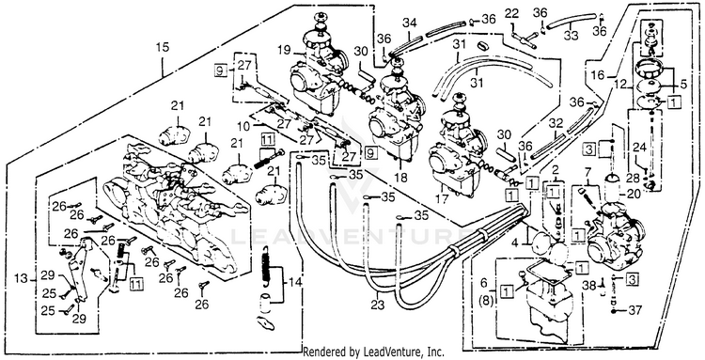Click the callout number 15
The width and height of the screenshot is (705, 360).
point(163,47)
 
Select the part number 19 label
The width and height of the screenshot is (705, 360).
point(284,51)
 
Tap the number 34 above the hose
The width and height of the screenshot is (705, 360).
point(409,22)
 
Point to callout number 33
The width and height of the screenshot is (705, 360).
point(571,35)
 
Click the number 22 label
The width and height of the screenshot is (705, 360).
point(511,13)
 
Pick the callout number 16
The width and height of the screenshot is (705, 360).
point(598,74)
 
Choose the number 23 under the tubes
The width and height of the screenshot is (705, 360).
point(378,305)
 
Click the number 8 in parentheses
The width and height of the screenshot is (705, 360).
point(483,298)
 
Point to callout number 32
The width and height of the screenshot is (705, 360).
point(556,123)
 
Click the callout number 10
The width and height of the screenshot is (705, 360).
point(243,126)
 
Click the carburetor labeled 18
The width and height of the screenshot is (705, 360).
point(396,119)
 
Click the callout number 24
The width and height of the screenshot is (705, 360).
point(640,147)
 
